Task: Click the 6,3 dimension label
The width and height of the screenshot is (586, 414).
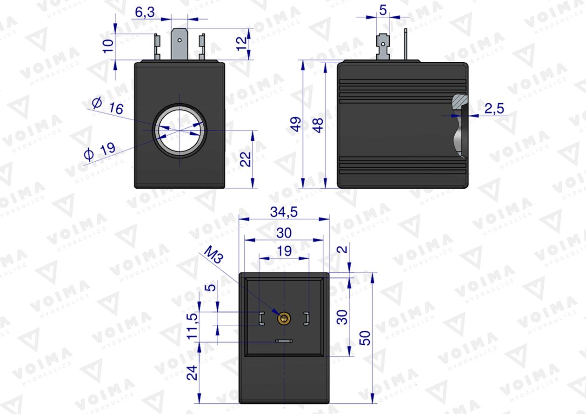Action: pos(145,13)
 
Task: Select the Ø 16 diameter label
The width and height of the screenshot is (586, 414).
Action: pos(108,106)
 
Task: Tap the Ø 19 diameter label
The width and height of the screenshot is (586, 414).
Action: pos(100,151)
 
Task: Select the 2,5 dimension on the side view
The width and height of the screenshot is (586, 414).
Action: pos(494,108)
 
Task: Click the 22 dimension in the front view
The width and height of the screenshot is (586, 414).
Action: pos(247,159)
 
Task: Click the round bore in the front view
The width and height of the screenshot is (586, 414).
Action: pos(179,131)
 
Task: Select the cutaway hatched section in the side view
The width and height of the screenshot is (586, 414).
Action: pos(460,102)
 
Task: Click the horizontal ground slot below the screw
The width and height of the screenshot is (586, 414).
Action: pos(283,341)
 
